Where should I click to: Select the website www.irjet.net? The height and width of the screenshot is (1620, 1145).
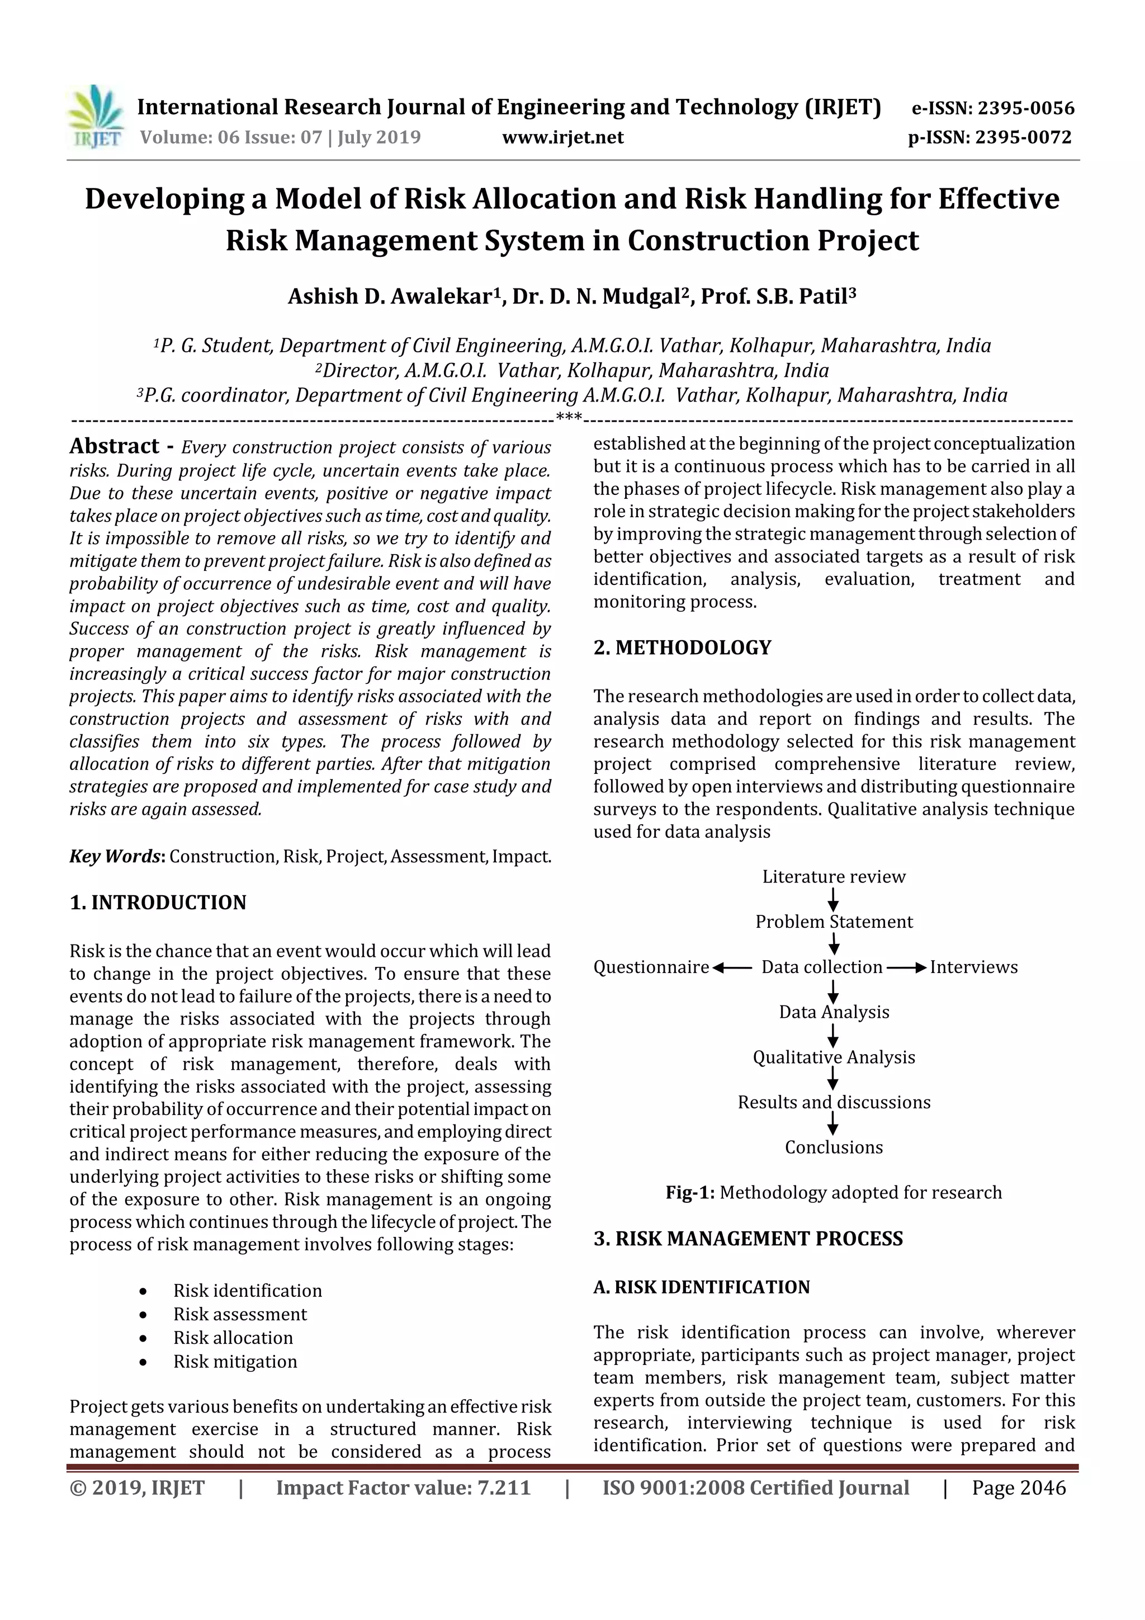[x=562, y=138]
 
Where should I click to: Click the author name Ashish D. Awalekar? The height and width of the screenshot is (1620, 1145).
[x=389, y=296]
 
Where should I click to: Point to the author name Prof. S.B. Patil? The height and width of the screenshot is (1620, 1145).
[x=778, y=296]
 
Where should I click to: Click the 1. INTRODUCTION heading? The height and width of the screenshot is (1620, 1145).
[x=158, y=903]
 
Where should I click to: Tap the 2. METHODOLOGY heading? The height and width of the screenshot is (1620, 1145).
[x=682, y=648]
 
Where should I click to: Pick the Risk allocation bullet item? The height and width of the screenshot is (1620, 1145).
[x=233, y=1338]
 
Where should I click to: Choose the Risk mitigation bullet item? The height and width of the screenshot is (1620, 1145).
[x=235, y=1361]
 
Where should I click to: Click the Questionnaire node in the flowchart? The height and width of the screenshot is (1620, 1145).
[x=650, y=967]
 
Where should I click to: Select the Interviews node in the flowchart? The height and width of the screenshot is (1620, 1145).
[x=973, y=967]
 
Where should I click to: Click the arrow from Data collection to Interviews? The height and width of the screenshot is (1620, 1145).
[x=906, y=967]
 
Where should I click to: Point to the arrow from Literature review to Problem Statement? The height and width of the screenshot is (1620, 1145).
[x=833, y=899]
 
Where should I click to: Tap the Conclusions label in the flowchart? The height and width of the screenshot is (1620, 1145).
[x=833, y=1147]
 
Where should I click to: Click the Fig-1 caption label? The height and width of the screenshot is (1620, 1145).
[x=690, y=1192]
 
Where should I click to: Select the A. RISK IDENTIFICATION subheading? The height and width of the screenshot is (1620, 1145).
[x=701, y=1287]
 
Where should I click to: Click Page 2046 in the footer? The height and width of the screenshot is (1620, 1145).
[x=1018, y=1488]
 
